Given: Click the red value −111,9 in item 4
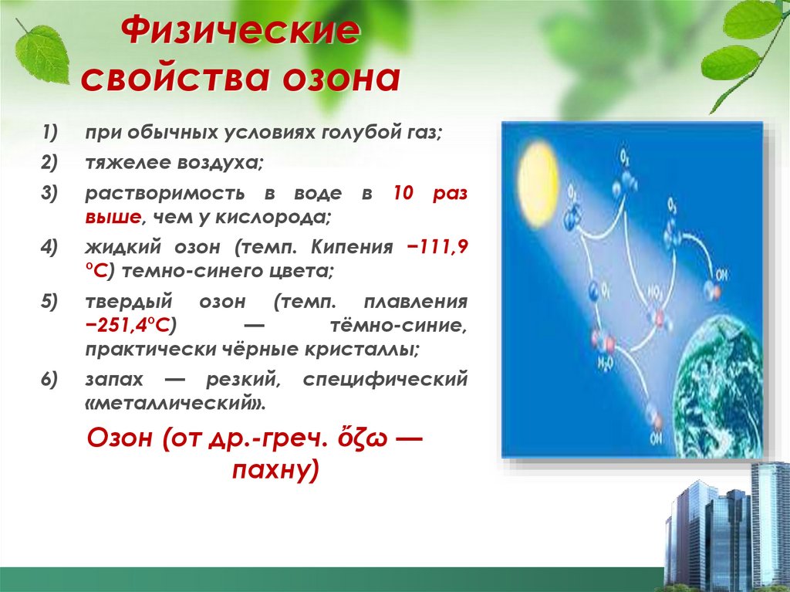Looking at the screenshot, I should [437, 248].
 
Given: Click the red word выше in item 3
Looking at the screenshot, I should [112, 217].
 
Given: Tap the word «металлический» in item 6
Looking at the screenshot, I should [179, 403].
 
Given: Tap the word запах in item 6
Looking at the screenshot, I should [113, 379].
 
